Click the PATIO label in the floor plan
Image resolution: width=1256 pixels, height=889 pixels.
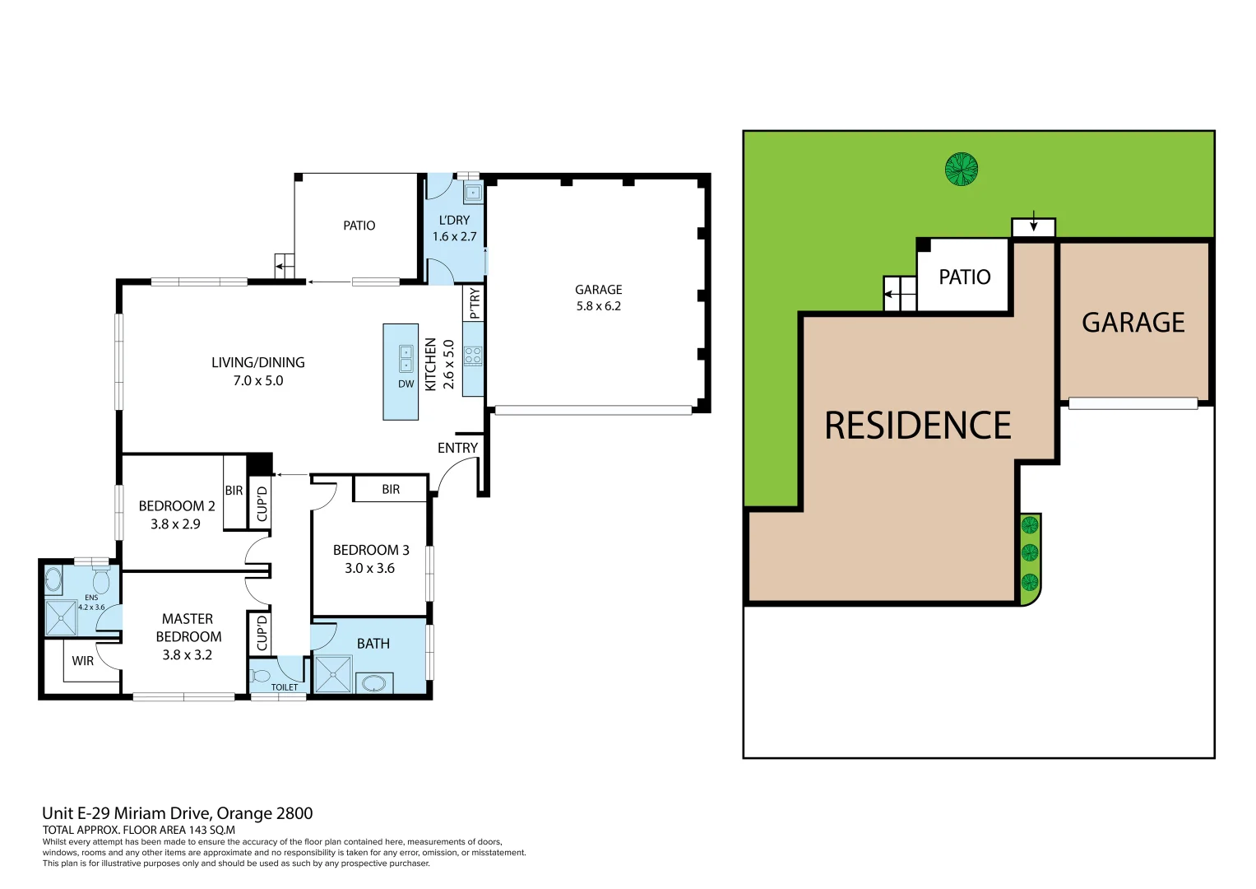[359, 226]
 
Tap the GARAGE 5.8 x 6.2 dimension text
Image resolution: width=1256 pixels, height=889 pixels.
[598, 306]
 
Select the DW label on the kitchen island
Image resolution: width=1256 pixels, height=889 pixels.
[406, 384]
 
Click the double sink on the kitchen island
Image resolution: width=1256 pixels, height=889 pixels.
[406, 358]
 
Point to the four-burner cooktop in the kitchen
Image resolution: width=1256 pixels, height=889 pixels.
[473, 356]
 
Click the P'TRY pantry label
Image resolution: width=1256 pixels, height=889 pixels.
[475, 303]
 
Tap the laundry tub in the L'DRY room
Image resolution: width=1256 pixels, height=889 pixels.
[473, 193]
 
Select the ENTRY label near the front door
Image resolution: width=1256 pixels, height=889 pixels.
[457, 448]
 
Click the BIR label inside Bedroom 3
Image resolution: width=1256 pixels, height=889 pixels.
[391, 489]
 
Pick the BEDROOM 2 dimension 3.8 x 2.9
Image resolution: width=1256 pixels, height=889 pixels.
[175, 524]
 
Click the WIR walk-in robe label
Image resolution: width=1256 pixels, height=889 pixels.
[82, 661]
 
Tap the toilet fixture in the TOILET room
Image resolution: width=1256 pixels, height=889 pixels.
[262, 677]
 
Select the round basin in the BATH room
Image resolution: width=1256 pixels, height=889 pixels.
[374, 682]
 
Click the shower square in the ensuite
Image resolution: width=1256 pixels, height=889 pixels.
[61, 618]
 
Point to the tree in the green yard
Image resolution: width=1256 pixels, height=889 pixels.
[961, 170]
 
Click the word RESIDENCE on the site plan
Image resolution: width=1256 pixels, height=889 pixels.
[917, 426]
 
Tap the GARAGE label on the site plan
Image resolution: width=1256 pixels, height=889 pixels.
[1133, 323]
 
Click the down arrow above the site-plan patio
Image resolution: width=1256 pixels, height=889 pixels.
[1033, 224]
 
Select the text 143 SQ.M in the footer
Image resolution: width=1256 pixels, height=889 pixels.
[211, 830]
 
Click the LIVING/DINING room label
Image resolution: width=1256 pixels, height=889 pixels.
[257, 363]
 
